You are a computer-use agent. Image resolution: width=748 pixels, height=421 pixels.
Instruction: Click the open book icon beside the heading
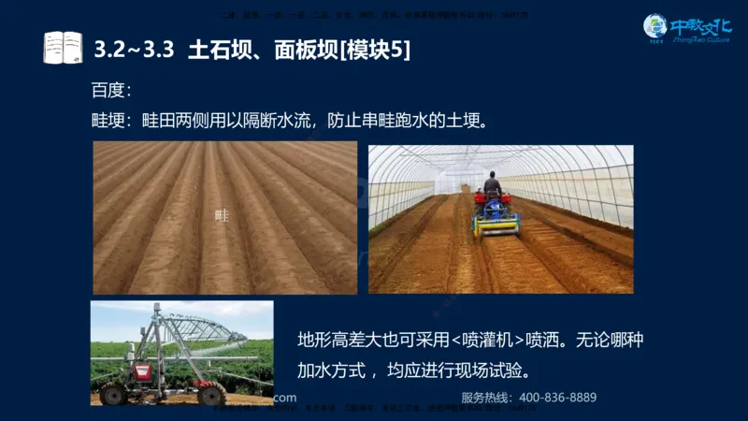pyautogui.click(x=63, y=47)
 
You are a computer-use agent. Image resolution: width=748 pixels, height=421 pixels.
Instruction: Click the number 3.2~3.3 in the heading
pyautogui.click(x=135, y=48)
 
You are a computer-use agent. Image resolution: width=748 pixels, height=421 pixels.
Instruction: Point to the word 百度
pyautogui.click(x=108, y=91)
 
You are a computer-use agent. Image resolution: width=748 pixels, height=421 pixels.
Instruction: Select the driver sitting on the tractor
pyautogui.click(x=493, y=183)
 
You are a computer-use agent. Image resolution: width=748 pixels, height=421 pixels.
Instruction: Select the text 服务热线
pyautogui.click(x=485, y=398)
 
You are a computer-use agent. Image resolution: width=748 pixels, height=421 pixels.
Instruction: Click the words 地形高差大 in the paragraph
pyautogui.click(x=337, y=339)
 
